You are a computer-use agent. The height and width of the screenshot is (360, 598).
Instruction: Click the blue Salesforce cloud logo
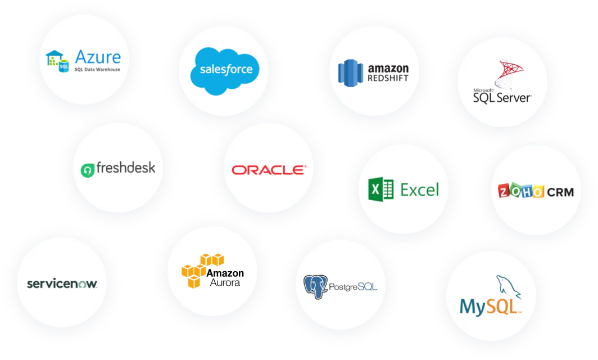click(x=225, y=71)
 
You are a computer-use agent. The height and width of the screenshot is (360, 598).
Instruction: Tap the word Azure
click(x=98, y=57)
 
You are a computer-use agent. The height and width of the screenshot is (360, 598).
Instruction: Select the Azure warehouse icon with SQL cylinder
click(x=57, y=61)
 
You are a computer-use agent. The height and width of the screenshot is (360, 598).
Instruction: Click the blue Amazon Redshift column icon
click(x=351, y=73)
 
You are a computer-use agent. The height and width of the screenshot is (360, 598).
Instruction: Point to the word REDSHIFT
click(x=388, y=78)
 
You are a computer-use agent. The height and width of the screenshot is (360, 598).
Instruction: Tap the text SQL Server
click(x=502, y=98)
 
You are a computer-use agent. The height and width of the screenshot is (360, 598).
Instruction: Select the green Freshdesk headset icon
click(x=87, y=170)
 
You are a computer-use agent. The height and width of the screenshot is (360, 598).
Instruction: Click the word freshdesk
click(x=126, y=168)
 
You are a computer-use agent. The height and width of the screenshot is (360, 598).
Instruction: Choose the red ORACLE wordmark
click(x=269, y=170)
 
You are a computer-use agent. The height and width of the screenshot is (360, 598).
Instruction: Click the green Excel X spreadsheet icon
click(x=380, y=190)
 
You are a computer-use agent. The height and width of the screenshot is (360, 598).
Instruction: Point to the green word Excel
click(x=419, y=190)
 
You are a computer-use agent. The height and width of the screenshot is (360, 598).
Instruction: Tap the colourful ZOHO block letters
click(x=521, y=191)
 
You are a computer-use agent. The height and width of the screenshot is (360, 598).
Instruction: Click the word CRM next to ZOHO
click(x=560, y=192)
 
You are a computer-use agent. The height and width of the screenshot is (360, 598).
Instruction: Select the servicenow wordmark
click(x=62, y=283)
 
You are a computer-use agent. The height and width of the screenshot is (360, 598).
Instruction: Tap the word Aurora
click(x=225, y=282)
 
